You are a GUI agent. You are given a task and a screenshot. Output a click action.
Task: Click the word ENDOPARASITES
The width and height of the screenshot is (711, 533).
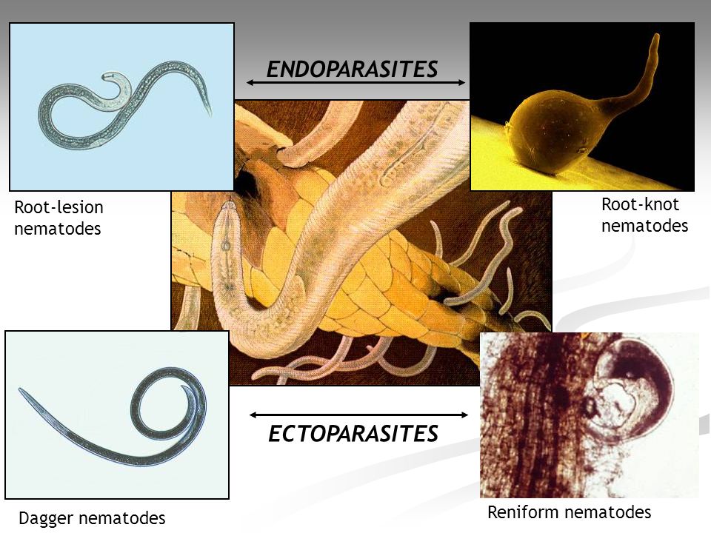click(x=352, y=70)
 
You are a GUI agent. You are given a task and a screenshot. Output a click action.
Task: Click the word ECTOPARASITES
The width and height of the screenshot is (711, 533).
click(x=353, y=433)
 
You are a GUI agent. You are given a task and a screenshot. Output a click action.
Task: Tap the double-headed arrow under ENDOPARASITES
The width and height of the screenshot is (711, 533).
click(x=355, y=82)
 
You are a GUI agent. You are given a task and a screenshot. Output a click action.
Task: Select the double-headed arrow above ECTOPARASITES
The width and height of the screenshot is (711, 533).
click(x=358, y=415)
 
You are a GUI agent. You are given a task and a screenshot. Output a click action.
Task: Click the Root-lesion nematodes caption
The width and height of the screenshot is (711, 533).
click(x=59, y=218)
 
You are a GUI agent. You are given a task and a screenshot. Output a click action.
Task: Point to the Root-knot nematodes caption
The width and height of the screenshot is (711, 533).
click(x=644, y=215)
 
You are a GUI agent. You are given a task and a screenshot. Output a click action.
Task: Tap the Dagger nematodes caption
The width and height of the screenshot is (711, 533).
click(x=92, y=517)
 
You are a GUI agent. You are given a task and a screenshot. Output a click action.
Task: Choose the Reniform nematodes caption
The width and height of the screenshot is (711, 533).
click(x=569, y=512)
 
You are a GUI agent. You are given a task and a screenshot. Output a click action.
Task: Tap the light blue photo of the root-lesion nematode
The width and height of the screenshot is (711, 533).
click(x=122, y=107)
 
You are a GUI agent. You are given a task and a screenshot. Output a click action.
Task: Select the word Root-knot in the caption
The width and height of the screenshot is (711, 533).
click(x=640, y=204)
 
